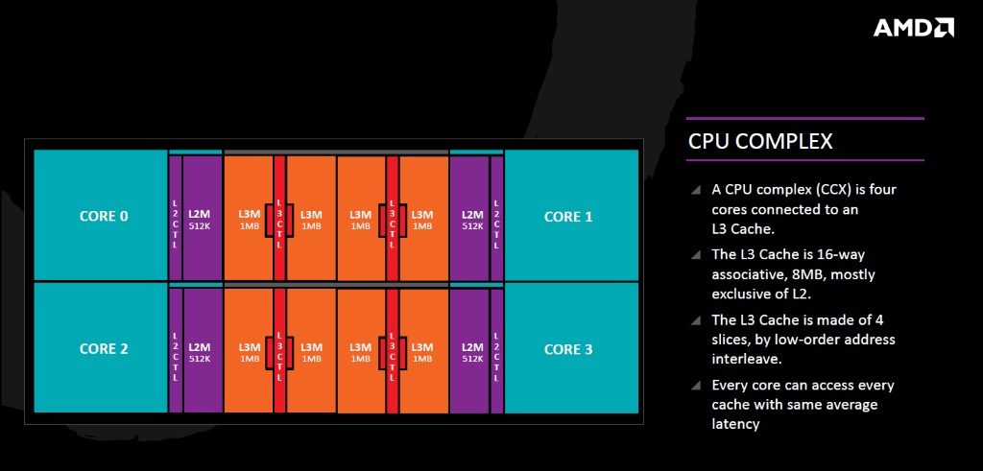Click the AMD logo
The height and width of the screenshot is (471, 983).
pos(914,28)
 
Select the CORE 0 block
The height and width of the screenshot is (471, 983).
pos(101,215)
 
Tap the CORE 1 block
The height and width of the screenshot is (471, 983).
pos(571,215)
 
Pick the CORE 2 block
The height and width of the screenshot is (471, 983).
pos(101,348)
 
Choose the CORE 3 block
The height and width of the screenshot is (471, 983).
pos(571,348)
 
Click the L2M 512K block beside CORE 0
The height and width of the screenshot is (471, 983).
pos(203,218)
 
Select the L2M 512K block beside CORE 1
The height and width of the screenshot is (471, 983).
pos(468,218)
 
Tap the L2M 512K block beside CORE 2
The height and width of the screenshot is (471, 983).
pos(203,350)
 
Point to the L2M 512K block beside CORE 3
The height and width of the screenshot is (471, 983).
pos(468,350)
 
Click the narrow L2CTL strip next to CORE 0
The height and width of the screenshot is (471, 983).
pos(175,218)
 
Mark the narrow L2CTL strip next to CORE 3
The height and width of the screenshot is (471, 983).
pos(496,350)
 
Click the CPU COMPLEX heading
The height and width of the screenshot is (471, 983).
pos(760,141)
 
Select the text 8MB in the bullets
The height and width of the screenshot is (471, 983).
pos(805,274)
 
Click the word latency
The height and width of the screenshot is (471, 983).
pos(735,424)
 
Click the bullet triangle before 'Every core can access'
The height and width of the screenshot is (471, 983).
pos(696,386)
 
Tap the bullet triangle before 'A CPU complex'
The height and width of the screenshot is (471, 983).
pos(696,189)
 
